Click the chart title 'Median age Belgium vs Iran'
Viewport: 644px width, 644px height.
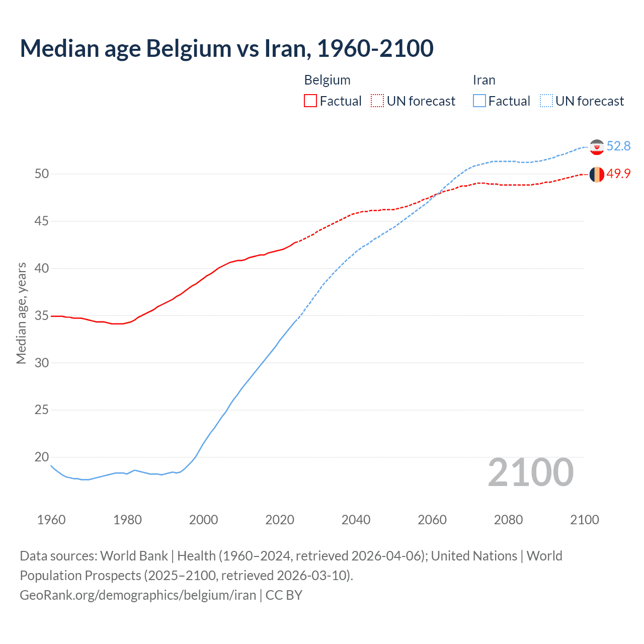[x=226, y=48]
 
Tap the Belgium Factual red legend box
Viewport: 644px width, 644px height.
[x=310, y=101]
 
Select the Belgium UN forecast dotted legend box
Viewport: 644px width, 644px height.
[x=377, y=101]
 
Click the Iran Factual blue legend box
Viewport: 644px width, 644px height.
[x=479, y=101]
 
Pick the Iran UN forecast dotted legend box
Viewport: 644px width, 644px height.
[x=546, y=101]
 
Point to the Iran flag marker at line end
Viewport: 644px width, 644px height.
[x=597, y=147]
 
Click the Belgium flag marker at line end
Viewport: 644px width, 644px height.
[x=597, y=175]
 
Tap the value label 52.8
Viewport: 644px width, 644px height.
[x=618, y=146]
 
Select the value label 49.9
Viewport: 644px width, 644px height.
[x=618, y=174]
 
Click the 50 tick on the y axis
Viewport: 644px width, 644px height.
[x=42, y=174]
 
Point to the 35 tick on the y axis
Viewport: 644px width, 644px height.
[x=42, y=316]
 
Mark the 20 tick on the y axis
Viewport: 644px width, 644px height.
[x=42, y=457]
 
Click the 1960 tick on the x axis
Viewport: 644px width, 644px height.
[x=51, y=520]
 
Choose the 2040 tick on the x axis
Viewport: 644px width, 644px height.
[x=356, y=520]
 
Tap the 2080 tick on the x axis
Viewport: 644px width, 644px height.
[x=508, y=520]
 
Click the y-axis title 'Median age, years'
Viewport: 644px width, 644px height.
[x=21, y=313]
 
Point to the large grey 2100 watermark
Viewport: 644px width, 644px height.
[x=531, y=472]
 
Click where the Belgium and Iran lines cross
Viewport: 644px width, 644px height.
[x=436, y=194]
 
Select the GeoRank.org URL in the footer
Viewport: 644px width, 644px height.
[x=138, y=595]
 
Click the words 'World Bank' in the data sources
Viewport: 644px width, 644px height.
[x=134, y=556]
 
